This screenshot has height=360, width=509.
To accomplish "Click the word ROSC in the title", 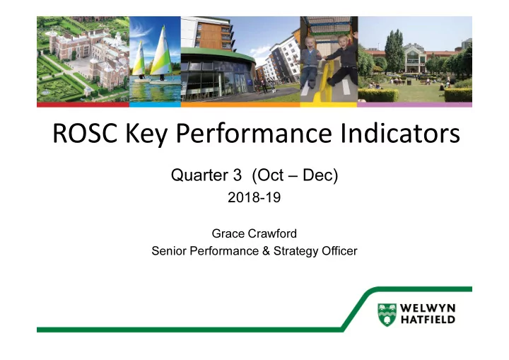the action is click(x=85, y=133).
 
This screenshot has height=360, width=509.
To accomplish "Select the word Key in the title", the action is click(x=146, y=134).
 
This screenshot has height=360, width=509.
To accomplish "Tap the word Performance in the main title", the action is click(x=254, y=134).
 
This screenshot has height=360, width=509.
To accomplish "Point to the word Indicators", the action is click(x=400, y=133).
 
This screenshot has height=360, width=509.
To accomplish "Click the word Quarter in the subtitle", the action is click(x=199, y=175).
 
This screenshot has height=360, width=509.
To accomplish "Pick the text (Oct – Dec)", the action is click(x=295, y=175).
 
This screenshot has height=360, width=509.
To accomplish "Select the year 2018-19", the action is click(x=255, y=197).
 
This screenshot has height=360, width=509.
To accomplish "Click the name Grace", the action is click(x=228, y=233).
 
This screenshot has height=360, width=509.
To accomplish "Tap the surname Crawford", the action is click(x=272, y=233).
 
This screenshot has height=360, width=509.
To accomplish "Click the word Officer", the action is click(x=339, y=251).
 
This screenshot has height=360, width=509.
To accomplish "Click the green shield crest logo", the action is click(x=387, y=315).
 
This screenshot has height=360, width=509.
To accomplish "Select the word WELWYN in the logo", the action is click(x=428, y=308).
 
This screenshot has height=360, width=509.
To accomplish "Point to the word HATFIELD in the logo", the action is click(x=428, y=320).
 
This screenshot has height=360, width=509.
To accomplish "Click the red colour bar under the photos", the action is click(x=83, y=105).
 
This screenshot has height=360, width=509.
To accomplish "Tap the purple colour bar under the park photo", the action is click(x=414, y=105).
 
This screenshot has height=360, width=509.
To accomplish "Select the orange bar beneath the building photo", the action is click(x=240, y=105).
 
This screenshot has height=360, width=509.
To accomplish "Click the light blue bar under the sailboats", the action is click(x=155, y=105).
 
